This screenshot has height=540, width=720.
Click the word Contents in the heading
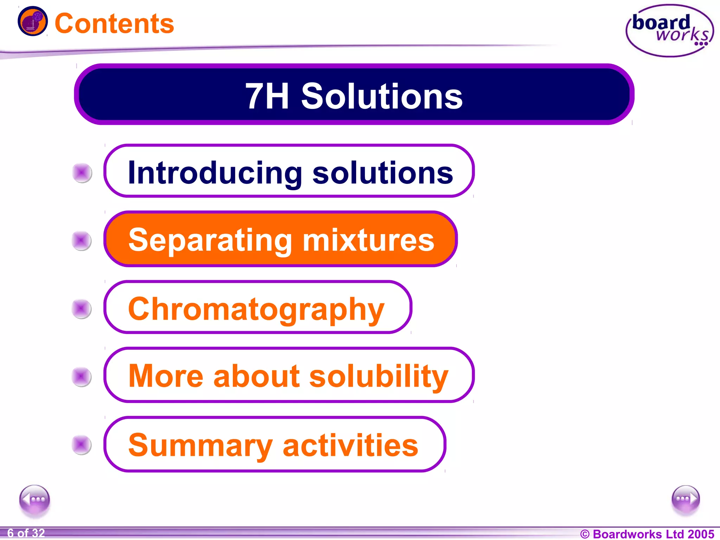coord(114,24)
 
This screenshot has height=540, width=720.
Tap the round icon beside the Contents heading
coord(33,21)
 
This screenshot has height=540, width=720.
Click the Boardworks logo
coord(670,31)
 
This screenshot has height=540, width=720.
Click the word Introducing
coord(215,173)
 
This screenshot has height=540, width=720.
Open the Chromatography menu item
coord(257,308)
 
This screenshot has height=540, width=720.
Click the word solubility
coord(379,376)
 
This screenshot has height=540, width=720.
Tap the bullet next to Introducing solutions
coord(82,173)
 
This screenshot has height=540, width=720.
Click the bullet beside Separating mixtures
coord(82,241)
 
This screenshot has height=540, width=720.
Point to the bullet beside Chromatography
coord(82,309)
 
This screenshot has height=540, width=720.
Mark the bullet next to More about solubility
coord(82,377)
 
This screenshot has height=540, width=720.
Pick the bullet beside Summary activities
coord(82,445)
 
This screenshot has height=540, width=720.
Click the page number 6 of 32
coord(26,533)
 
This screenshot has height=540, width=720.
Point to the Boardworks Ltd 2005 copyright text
coord(647,534)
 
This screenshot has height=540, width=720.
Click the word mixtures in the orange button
coord(368,240)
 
